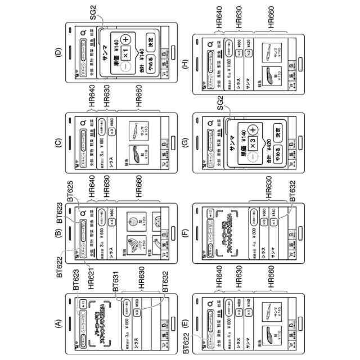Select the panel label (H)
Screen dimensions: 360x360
[184, 53]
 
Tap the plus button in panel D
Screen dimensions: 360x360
[125, 39]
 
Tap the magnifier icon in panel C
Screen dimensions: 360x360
[82, 121]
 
